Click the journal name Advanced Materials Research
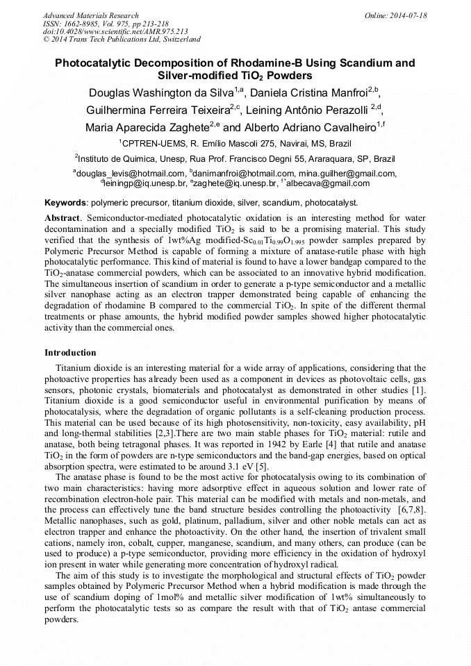click(x=90, y=15)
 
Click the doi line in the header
click(x=115, y=31)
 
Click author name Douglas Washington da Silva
click(x=160, y=93)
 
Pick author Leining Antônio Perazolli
click(x=313, y=110)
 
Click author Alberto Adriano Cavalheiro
click(x=309, y=128)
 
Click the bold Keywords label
click(x=65, y=203)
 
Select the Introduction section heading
click(x=70, y=353)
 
